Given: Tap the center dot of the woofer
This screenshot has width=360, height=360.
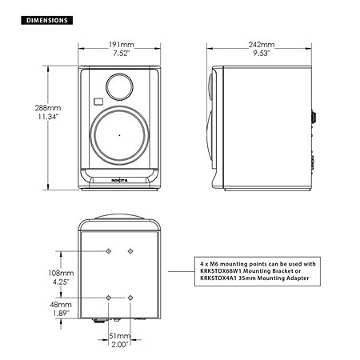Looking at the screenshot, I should [119, 135].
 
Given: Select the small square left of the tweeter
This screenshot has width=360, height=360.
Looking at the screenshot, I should [97, 102].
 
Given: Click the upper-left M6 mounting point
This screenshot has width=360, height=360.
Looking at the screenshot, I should [109, 252].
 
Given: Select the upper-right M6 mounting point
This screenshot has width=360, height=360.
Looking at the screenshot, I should [130, 252].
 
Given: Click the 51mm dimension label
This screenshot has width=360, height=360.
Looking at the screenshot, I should [119, 336].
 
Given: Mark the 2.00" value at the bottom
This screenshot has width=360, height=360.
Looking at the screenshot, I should [119, 345].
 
